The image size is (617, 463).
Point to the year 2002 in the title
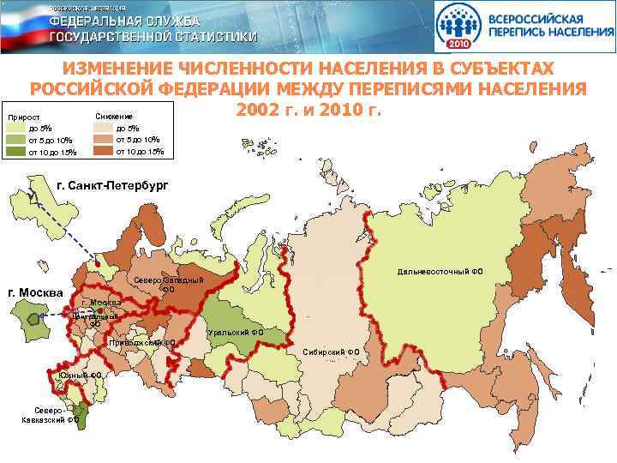tap(256, 111)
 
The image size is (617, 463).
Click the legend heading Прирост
tap(24, 117)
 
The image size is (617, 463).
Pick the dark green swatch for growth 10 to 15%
tap(16, 153)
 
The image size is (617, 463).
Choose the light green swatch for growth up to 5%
tap(16, 128)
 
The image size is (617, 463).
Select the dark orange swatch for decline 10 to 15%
tap(102, 152)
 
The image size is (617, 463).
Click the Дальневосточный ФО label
tap(440, 272)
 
